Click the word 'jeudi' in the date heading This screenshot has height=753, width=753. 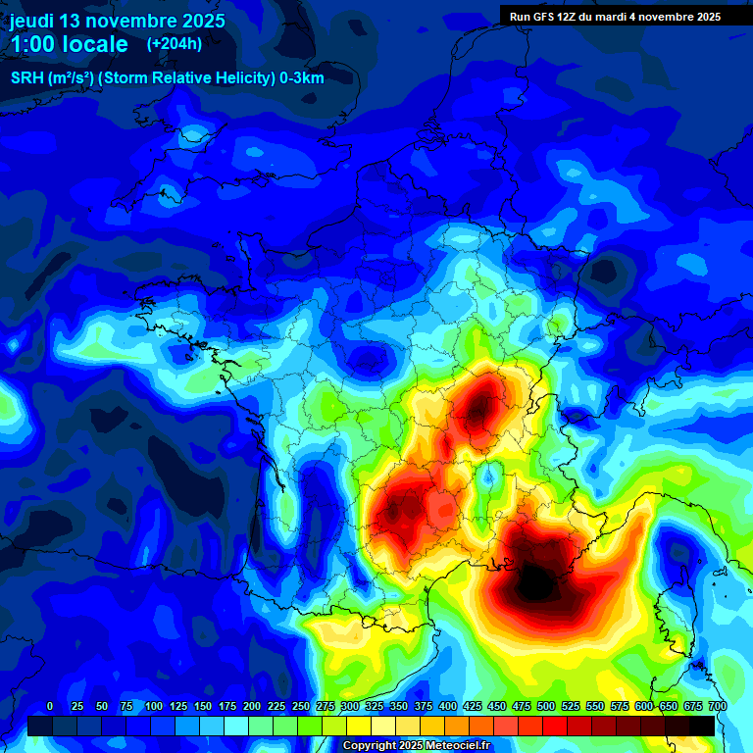click(32, 21)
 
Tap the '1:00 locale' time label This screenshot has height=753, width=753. click(69, 44)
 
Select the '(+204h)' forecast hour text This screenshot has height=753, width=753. click(175, 43)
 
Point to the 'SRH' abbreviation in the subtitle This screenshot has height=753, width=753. click(26, 78)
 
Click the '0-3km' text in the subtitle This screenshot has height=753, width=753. click(302, 78)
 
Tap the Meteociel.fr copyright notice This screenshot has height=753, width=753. click(417, 746)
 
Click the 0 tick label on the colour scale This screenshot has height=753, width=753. click(50, 706)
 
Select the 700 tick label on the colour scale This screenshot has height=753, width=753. click(717, 706)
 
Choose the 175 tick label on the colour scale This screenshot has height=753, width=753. click(226, 706)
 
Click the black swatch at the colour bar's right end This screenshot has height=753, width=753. click(701, 726)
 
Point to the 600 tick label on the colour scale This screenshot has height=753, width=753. click(643, 706)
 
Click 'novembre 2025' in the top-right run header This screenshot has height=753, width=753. click(681, 17)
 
